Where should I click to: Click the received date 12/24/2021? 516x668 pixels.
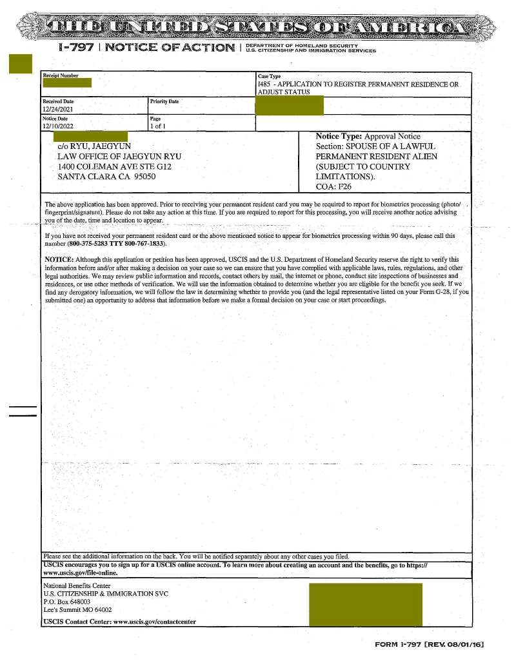point(58,110)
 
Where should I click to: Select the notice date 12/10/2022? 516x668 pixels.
point(58,126)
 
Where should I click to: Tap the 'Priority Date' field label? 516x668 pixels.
point(164,102)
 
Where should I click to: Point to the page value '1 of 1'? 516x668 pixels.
point(158,126)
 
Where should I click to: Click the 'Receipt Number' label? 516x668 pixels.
point(61,76)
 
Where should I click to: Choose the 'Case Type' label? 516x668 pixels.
point(269,77)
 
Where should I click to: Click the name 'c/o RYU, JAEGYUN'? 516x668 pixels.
point(94,147)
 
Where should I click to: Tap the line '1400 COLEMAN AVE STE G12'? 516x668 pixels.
point(114,166)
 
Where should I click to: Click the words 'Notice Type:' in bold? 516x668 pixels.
point(339,137)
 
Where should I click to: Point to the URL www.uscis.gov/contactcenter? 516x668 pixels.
point(155,622)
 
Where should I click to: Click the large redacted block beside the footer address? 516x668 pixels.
point(366,604)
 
